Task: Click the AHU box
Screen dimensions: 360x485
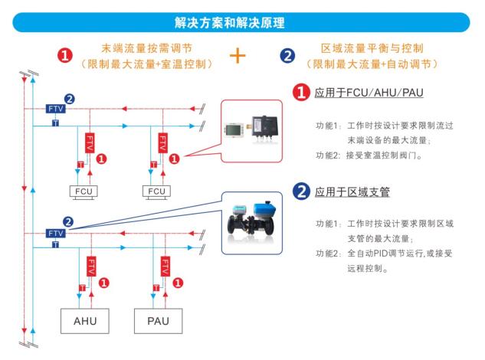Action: [x=85, y=320]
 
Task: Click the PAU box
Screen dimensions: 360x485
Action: [x=158, y=320]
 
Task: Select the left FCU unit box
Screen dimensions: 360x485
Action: [x=84, y=191]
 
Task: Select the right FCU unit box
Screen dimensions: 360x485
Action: [x=157, y=191]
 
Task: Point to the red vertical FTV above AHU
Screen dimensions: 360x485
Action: [x=90, y=266]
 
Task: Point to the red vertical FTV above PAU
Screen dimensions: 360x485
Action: [x=164, y=266]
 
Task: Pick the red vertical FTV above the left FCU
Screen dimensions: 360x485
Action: [x=90, y=142]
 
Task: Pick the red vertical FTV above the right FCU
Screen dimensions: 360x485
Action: [x=163, y=142]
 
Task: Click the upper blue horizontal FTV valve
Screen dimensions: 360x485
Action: [x=55, y=109]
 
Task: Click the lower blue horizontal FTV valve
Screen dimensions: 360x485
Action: [x=55, y=233]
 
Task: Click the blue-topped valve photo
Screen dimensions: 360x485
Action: [x=254, y=221]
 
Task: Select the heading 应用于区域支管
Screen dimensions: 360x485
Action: [x=352, y=191]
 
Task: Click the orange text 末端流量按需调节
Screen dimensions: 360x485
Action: [x=146, y=47]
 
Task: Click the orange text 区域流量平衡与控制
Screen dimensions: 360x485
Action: [x=372, y=47]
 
